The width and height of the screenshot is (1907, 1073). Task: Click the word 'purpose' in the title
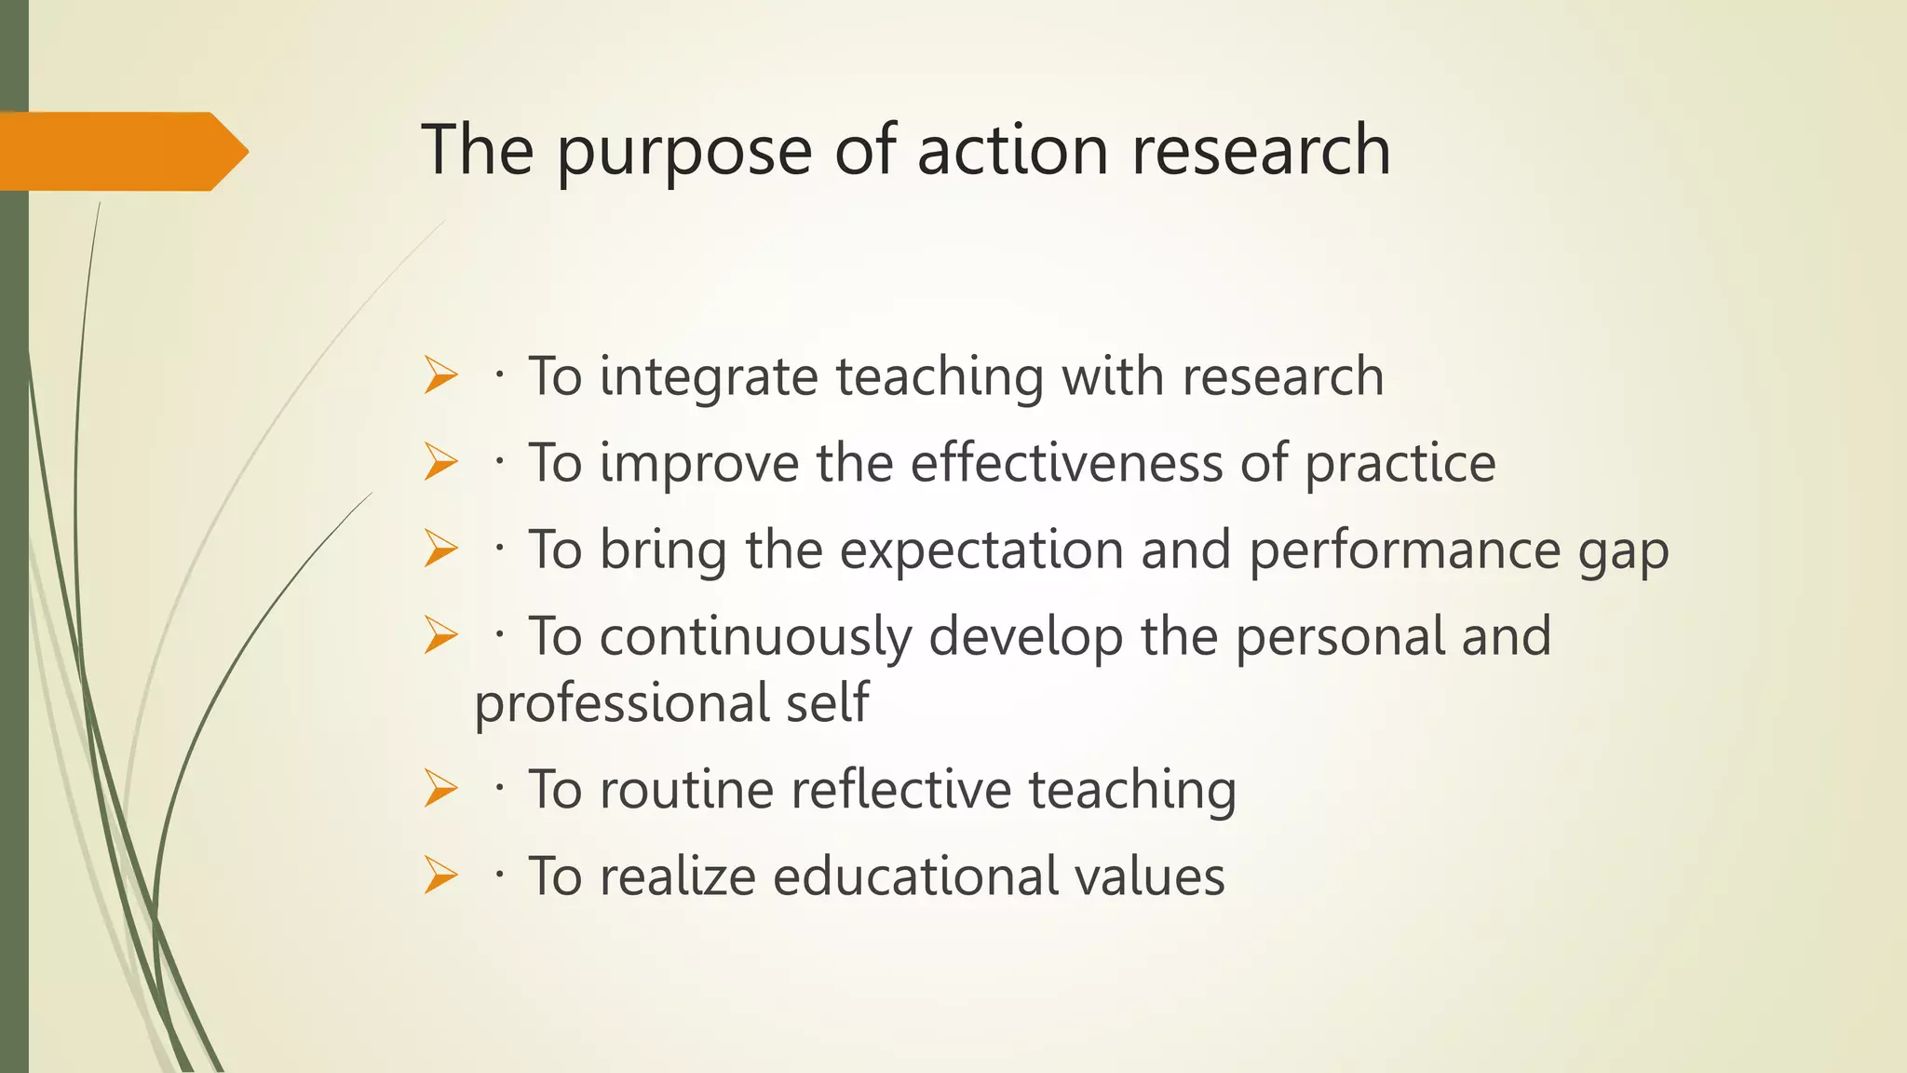coord(684,152)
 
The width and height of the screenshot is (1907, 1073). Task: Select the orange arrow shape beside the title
coord(121,152)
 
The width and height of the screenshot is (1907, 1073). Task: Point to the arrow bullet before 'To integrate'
coord(440,377)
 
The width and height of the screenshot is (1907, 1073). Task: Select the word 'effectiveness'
coord(1065,463)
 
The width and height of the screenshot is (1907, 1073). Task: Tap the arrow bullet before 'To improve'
coord(440,463)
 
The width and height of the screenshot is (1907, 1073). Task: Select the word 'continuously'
coord(755,638)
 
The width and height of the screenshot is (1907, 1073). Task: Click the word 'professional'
coord(620,704)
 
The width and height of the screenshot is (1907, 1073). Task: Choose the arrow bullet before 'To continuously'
coord(440,636)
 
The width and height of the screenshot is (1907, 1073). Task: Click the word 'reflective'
coord(900,790)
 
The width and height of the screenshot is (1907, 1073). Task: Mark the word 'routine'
coord(686,790)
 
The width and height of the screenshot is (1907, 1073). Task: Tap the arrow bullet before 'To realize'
coord(440,876)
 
